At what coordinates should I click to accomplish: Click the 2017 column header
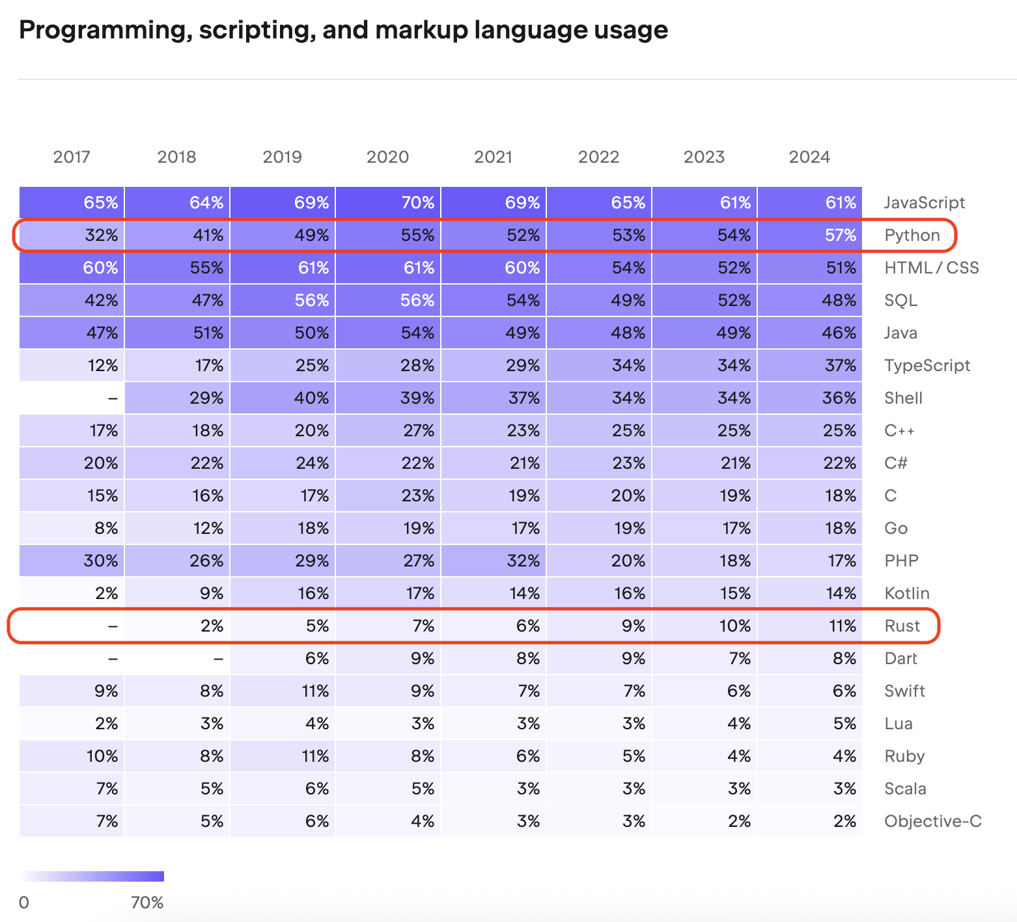point(72,157)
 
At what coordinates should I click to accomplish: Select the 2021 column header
point(494,157)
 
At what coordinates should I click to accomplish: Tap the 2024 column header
point(809,157)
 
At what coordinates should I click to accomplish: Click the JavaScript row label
point(924,203)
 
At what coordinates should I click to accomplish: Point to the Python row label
point(912,235)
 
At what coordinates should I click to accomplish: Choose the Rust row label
point(902,626)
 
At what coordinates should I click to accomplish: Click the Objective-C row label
point(932,821)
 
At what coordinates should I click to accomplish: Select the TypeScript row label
point(926,365)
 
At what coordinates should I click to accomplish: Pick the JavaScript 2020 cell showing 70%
point(389,203)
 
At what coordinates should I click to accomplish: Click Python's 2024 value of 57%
point(811,235)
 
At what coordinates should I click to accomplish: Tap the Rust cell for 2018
point(178,626)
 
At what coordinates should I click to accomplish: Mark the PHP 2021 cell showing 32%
point(494,561)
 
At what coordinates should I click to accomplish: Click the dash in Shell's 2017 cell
point(113,398)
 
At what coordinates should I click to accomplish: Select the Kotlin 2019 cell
point(283,593)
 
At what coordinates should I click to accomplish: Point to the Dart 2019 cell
point(283,658)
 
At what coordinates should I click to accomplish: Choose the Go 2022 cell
point(600,528)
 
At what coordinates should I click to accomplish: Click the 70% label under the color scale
point(147,902)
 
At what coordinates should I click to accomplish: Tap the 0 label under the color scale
point(24,902)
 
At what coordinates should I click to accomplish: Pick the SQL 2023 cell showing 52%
point(705,300)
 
